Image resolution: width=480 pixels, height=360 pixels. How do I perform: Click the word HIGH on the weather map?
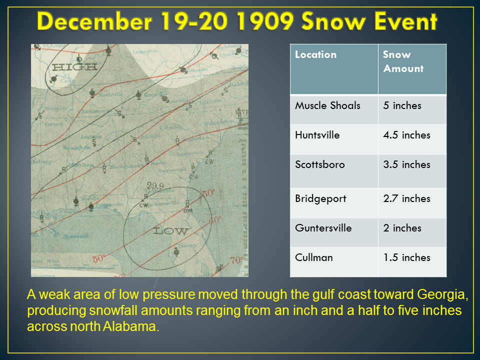click(67, 67)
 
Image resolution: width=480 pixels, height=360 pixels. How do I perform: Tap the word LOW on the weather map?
click(170, 231)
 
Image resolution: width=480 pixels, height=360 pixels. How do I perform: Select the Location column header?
click(315, 54)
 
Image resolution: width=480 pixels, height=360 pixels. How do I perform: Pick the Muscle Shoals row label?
click(327, 105)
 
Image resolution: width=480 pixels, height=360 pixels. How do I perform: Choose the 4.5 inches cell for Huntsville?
click(406, 135)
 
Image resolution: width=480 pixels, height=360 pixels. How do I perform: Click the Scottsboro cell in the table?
click(319, 164)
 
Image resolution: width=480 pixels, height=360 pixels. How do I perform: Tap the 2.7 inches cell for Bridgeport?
click(406, 198)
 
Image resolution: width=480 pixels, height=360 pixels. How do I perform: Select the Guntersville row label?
click(323, 228)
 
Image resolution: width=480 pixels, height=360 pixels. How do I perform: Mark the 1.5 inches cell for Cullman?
click(406, 257)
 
